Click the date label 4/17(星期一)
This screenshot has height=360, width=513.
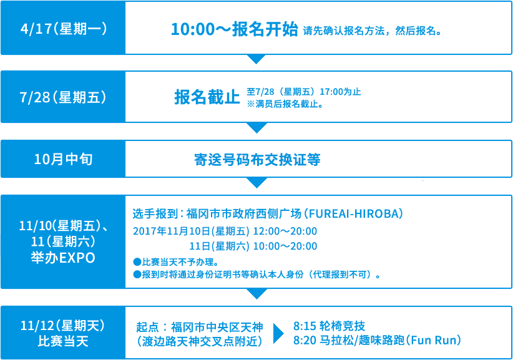pos(64,29)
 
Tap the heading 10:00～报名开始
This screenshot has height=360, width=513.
pos(234,29)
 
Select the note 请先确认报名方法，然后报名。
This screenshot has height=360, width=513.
pos(373,31)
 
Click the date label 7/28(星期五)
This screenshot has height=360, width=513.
pos(63,97)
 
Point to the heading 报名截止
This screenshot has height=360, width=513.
pos(207,97)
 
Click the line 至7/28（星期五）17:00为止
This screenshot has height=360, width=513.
pos(303,92)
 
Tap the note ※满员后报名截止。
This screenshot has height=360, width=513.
pos(285,104)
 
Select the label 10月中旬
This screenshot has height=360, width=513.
pos(64,159)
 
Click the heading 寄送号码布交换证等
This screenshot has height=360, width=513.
pos(257,160)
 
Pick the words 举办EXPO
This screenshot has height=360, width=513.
pos(63,258)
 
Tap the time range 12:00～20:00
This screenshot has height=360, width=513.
pos(285,231)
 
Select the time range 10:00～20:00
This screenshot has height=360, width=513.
pos(285,246)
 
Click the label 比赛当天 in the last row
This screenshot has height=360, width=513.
pos(63,341)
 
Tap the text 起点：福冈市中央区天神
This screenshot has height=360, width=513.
pos(200,327)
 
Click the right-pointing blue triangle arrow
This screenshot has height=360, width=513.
pos(278,334)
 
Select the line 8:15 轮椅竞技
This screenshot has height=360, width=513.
pos(329,326)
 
